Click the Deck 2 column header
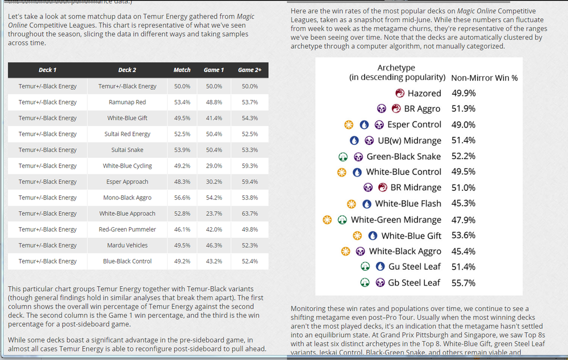coord(127,70)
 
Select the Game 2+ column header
coord(249,70)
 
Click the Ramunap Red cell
coord(127,102)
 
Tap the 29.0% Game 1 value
coord(214,166)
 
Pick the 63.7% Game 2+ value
coord(249,214)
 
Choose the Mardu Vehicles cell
coord(127,245)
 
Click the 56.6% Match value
coord(182,198)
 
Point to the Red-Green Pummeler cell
coord(127,229)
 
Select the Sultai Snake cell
coord(127,150)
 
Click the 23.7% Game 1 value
coord(214,214)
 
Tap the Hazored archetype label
coord(424,93)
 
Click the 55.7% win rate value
coord(463,283)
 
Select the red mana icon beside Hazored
coord(399,93)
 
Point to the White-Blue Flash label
coord(408,203)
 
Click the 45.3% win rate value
coord(463,203)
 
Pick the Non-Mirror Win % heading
coord(484,78)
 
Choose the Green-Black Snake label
coord(404,156)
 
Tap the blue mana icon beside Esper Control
coord(364,125)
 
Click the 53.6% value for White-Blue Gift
coord(463,236)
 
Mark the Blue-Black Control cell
coord(127,261)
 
